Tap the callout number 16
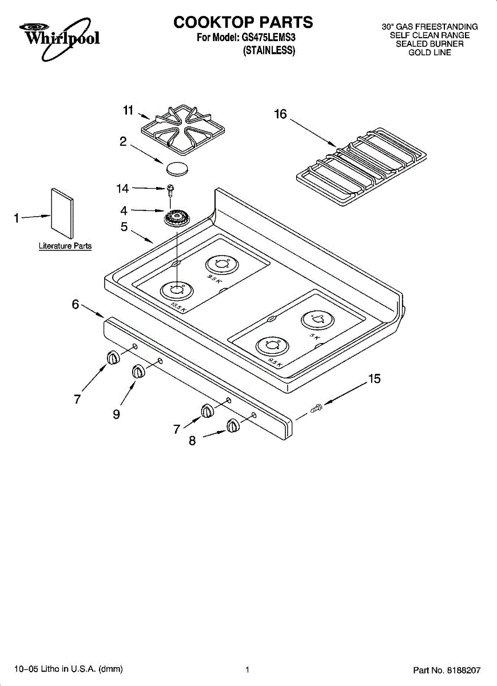click(x=280, y=114)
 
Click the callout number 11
click(x=128, y=110)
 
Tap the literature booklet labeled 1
click(x=62, y=213)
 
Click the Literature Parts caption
click(x=65, y=246)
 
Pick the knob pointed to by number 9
click(x=138, y=372)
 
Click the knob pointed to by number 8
click(x=232, y=426)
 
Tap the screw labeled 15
click(x=316, y=408)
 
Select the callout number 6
click(x=75, y=305)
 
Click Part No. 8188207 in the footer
click(x=447, y=669)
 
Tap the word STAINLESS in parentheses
click(x=269, y=50)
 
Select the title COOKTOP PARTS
click(x=244, y=22)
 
